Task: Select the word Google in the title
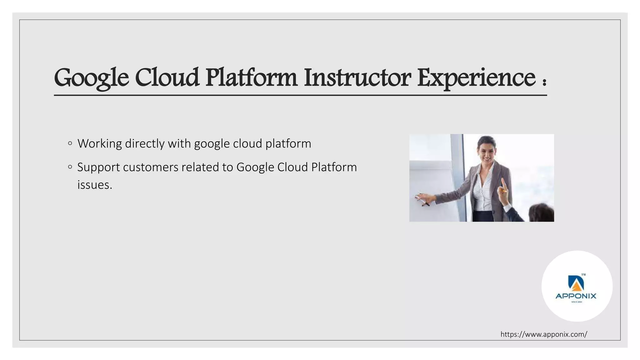click(x=91, y=78)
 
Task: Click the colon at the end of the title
click(x=544, y=82)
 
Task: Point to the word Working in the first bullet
click(x=99, y=144)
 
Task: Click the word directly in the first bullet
click(x=144, y=144)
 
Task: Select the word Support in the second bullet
click(x=98, y=167)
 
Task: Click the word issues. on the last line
click(x=95, y=185)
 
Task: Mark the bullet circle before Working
click(x=70, y=143)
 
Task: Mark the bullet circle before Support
click(x=70, y=167)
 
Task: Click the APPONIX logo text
click(x=576, y=296)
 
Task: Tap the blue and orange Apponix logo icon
click(x=576, y=282)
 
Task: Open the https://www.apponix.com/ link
click(x=544, y=334)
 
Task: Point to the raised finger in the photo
click(x=502, y=184)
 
